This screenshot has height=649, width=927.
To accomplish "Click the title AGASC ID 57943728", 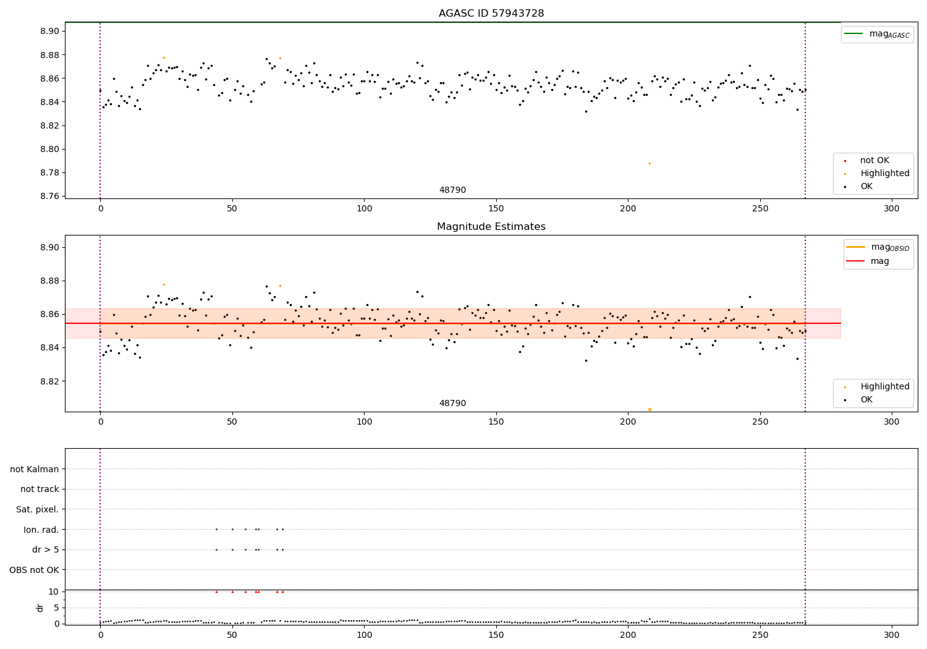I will tap(491, 14).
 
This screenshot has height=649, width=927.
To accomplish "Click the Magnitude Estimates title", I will tap(491, 227).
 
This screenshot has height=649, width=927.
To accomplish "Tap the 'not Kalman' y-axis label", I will tap(35, 469).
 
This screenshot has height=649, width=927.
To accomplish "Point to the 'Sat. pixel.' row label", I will tap(38, 509).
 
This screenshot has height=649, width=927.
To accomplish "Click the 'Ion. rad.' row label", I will tap(41, 530).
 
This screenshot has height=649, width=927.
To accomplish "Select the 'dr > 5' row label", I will tap(46, 549).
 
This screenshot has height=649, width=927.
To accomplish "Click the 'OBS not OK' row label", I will tap(35, 570).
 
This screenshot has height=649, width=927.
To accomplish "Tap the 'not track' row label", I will tap(40, 490).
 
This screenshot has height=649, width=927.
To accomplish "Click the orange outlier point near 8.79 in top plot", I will tap(650, 163).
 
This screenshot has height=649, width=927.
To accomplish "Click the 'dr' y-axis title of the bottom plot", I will tap(40, 608).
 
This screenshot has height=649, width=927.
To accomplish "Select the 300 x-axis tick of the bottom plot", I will tap(891, 635).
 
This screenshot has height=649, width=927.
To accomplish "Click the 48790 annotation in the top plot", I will tap(452, 190).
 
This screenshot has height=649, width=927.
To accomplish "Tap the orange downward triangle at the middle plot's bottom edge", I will tap(650, 410).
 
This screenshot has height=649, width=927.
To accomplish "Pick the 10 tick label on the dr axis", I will tap(54, 592).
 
